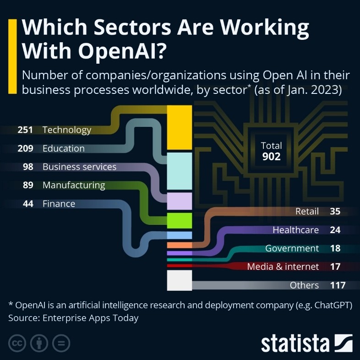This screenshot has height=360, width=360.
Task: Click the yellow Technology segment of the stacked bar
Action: click(179, 127)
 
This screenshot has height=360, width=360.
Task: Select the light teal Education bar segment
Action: click(179, 170)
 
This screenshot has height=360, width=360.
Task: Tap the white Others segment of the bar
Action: click(179, 280)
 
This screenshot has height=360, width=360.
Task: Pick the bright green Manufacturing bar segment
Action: click(179, 220)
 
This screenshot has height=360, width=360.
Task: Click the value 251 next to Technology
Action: click(25, 130)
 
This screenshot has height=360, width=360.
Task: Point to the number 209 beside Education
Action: click(25, 148)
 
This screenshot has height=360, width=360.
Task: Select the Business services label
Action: click(79, 167)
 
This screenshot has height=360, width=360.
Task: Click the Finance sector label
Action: click(59, 204)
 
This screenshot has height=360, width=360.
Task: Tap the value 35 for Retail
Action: click(335, 212)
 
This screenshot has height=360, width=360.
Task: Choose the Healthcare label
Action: click(295, 230)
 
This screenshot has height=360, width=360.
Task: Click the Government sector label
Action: click(292, 248)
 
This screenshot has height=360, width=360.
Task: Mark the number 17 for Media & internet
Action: click(335, 267)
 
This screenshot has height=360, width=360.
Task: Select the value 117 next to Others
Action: click(337, 285)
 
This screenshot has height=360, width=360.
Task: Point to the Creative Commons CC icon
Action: click(16, 343)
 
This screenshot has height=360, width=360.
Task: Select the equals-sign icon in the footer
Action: click(61, 343)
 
